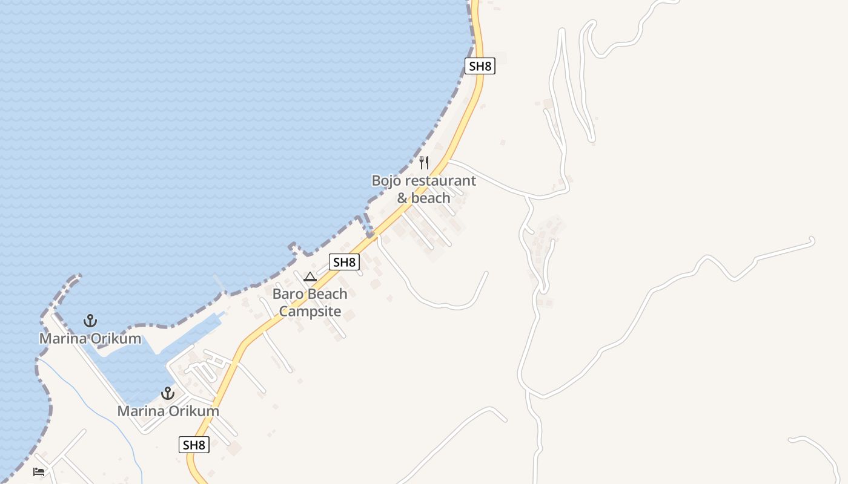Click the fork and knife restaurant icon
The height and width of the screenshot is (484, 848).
[424, 162]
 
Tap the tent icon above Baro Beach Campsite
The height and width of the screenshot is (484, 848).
[310, 277]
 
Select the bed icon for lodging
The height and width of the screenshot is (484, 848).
[39, 471]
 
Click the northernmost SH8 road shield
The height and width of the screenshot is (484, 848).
[480, 66]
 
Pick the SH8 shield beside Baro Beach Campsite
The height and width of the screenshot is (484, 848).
[344, 262]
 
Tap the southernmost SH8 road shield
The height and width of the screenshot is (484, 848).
[194, 445]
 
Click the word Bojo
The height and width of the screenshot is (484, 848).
[386, 180]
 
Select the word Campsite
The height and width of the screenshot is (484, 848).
[310, 312]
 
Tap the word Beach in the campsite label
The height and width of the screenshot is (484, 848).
[327, 294]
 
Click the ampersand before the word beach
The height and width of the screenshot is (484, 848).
[402, 198]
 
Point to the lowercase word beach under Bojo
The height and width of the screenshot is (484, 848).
[431, 198]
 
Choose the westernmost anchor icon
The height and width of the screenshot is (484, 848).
[90, 321]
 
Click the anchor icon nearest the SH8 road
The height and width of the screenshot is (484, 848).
[168, 394]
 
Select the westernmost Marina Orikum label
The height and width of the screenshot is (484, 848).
[90, 338]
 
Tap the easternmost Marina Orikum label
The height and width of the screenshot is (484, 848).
[168, 411]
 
